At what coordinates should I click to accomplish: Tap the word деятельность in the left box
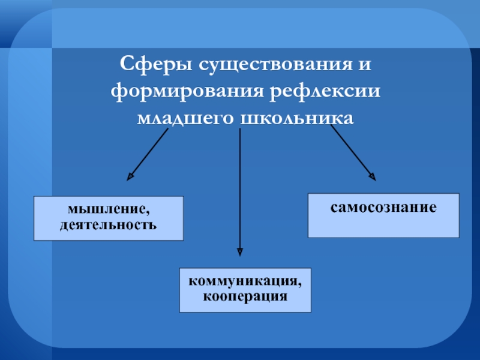108,225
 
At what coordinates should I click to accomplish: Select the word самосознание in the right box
383,208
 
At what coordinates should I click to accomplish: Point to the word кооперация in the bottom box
245,296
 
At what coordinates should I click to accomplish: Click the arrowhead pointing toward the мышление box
130,176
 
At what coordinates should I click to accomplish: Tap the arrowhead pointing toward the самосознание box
373,176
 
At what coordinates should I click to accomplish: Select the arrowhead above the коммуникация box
240,253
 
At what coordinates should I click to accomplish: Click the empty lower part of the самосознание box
383,227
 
